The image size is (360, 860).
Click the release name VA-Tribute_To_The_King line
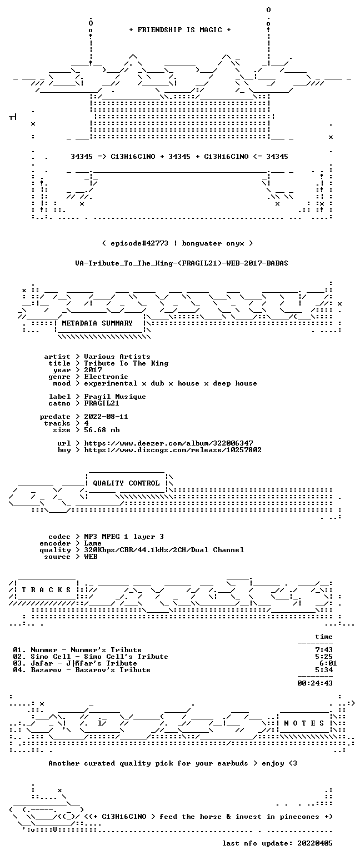click(x=182, y=263)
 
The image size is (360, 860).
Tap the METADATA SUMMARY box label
click(x=97, y=323)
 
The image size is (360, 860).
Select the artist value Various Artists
click(x=117, y=357)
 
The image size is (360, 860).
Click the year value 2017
click(x=93, y=370)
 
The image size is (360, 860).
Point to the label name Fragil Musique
click(x=115, y=397)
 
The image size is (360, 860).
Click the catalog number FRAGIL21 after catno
click(x=101, y=403)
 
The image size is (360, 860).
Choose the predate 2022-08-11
click(x=106, y=417)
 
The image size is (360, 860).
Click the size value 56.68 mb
click(x=102, y=430)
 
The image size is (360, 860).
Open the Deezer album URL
click(x=168, y=443)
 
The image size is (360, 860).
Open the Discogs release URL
click(x=173, y=450)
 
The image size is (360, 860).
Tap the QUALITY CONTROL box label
click(x=126, y=483)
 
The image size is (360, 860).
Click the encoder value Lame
click(x=93, y=543)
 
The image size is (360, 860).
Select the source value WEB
click(x=91, y=557)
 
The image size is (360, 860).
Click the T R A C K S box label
click(x=46, y=590)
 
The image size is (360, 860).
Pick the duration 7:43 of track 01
click(x=323, y=650)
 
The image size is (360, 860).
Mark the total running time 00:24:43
click(x=314, y=683)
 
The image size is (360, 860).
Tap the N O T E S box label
click(x=304, y=723)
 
